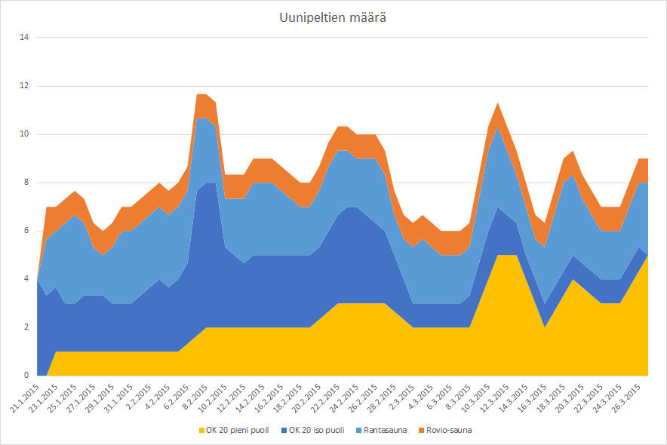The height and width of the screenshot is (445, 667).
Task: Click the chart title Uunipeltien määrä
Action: (x=333, y=17)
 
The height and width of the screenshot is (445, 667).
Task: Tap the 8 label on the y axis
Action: (x=25, y=183)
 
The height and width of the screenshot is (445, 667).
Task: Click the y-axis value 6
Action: (x=25, y=231)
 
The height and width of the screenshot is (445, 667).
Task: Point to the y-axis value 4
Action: (x=25, y=279)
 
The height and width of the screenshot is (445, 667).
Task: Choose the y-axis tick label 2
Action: (x=25, y=327)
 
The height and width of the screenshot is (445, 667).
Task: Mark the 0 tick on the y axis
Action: (x=25, y=376)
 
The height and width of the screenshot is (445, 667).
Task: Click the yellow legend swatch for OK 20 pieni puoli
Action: (x=201, y=430)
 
